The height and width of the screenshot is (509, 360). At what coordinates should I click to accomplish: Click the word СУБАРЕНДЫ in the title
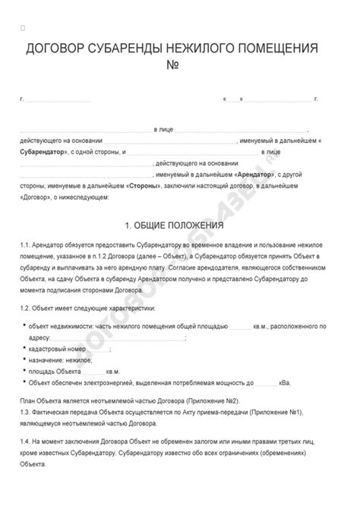tap(124, 50)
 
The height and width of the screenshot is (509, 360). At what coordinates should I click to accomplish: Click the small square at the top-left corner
tap(23, 28)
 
